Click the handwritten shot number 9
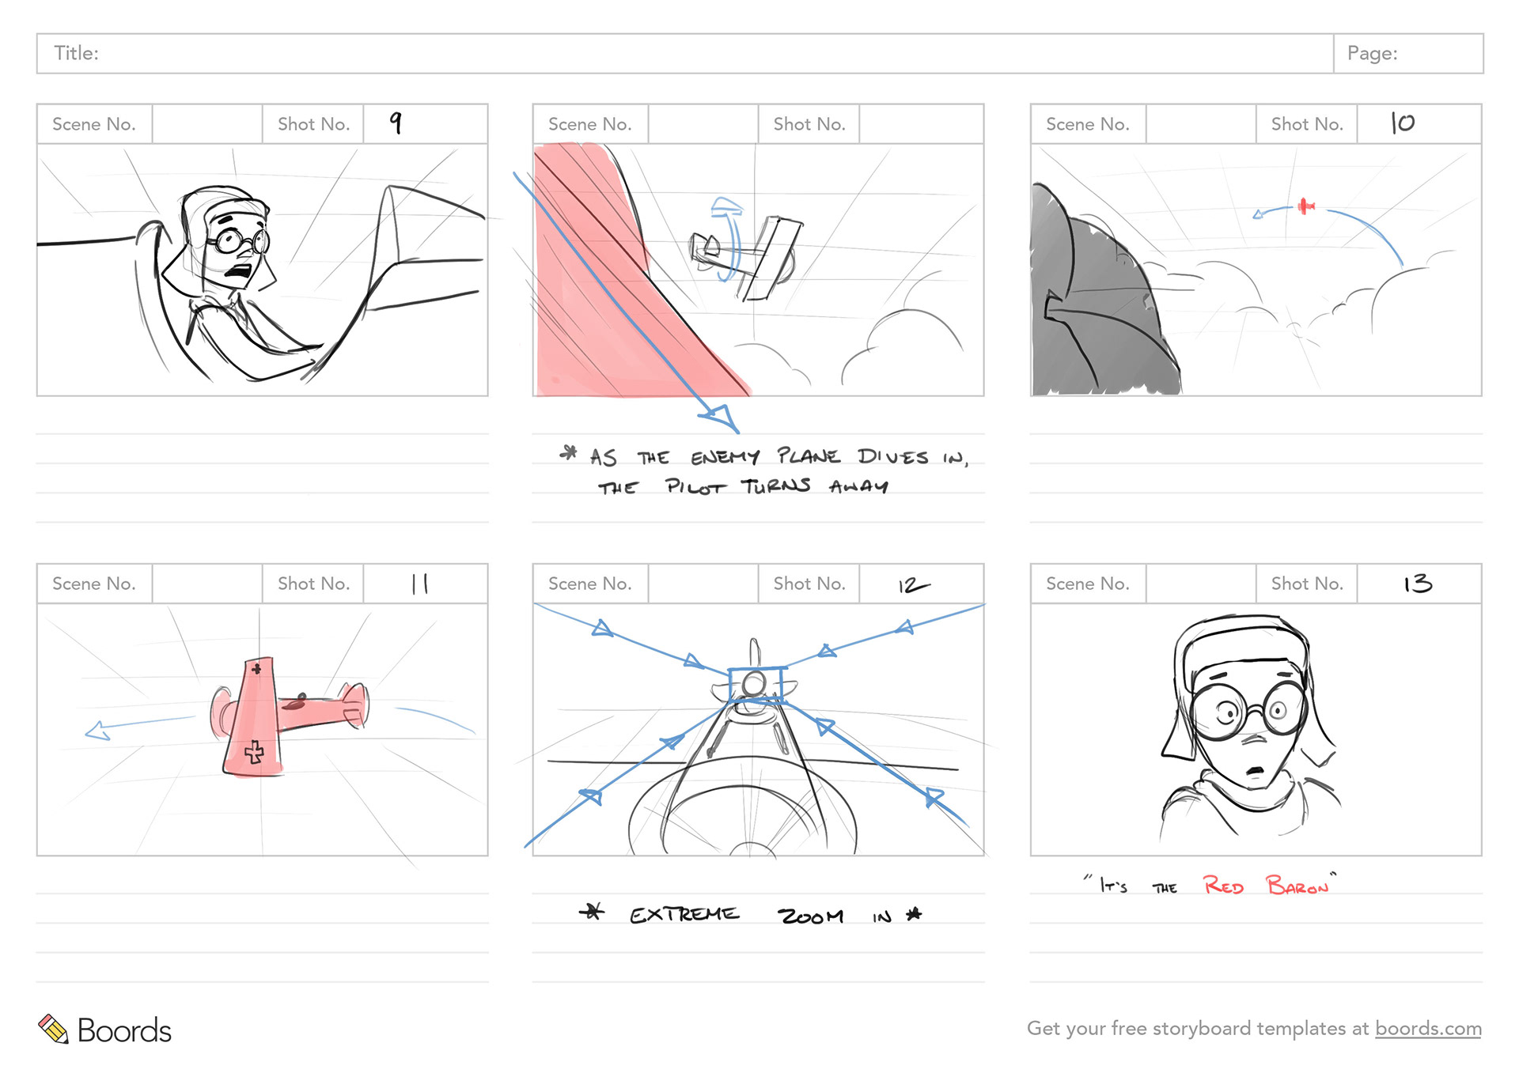click(x=396, y=123)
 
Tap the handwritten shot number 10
click(x=1403, y=123)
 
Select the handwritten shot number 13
click(x=1418, y=584)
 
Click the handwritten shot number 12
click(x=914, y=585)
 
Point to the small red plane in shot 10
click(x=1305, y=206)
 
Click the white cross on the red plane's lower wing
click(x=254, y=751)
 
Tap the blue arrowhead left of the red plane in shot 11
click(x=97, y=731)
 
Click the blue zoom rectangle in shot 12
click(x=756, y=685)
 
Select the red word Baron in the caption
click(x=1297, y=885)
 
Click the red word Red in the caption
click(x=1223, y=885)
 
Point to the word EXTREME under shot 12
click(x=684, y=914)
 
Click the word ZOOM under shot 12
click(x=811, y=916)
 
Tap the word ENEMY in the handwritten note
click(x=725, y=457)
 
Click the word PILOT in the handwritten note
click(x=695, y=486)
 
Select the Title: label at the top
click(x=76, y=53)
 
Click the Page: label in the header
click(x=1373, y=53)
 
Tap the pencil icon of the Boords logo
click(x=54, y=1029)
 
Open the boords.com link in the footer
click(x=1428, y=1028)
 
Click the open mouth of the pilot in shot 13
click(x=1255, y=770)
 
